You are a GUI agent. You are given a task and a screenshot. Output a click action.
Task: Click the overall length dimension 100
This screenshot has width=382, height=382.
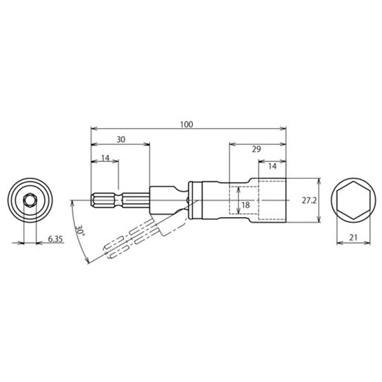[186, 124]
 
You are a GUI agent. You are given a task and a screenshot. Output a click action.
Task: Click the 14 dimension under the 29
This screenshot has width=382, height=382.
[272, 166]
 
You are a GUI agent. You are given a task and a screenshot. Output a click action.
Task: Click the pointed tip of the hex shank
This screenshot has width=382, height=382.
[92, 201]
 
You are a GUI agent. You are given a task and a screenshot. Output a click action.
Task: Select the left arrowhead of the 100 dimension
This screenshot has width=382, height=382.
[94, 129]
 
